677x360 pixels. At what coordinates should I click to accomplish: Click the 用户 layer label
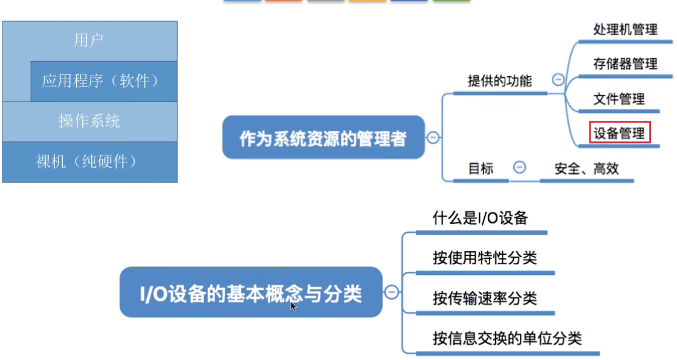89,40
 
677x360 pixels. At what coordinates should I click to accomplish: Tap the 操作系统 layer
89,121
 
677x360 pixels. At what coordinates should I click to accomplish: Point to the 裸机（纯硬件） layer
89,162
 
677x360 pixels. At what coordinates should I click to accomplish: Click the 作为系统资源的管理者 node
323,138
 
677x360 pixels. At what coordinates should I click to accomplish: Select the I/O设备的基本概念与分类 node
251,294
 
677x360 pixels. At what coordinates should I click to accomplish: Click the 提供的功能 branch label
500,81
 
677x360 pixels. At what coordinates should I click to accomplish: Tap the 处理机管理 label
625,30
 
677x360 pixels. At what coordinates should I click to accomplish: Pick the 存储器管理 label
625,64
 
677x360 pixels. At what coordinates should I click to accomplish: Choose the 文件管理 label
619,98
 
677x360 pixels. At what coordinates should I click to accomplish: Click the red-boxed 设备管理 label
620,133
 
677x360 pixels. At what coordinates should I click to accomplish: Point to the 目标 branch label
481,169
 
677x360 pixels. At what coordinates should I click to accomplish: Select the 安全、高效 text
587,169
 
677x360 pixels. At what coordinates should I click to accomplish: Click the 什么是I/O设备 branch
481,218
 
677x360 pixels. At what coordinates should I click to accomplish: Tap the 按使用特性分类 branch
485,259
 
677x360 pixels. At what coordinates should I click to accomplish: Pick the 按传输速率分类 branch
485,298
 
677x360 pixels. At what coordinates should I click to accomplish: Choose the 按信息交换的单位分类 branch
507,338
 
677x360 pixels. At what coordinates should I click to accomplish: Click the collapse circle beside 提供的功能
558,80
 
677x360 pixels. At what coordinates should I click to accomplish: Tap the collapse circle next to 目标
519,167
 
